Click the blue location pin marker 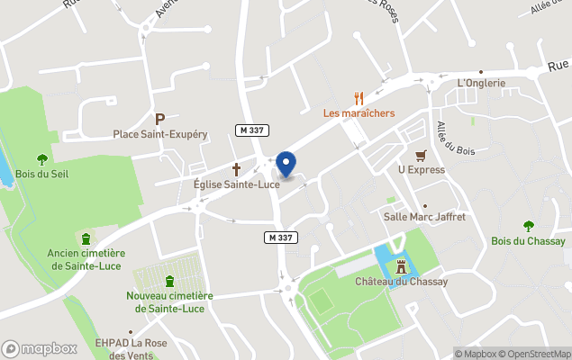(x=286, y=164)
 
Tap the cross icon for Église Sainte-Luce (x=237, y=168)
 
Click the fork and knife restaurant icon (x=359, y=98)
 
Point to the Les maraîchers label (x=359, y=113)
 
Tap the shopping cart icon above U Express (x=421, y=154)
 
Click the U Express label (x=421, y=169)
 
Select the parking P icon (x=160, y=119)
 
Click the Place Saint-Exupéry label (x=160, y=134)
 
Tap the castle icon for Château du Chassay (x=402, y=265)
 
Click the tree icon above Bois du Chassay (x=529, y=226)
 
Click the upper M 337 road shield (x=250, y=130)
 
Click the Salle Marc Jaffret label (x=424, y=217)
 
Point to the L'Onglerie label (x=482, y=84)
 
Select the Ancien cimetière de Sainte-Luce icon (x=86, y=238)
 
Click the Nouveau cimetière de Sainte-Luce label (x=169, y=301)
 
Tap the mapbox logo (x=40, y=348)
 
